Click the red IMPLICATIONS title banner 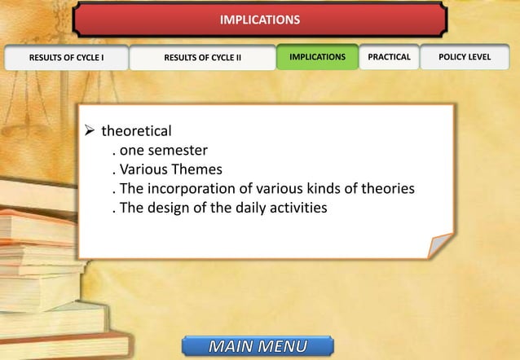(260, 19)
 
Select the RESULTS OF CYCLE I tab (66, 58)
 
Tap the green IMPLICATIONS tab (317, 57)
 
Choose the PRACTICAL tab (390, 57)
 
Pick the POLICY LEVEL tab (465, 57)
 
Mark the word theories (386, 189)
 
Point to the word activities (295, 209)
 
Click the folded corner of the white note (440, 245)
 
